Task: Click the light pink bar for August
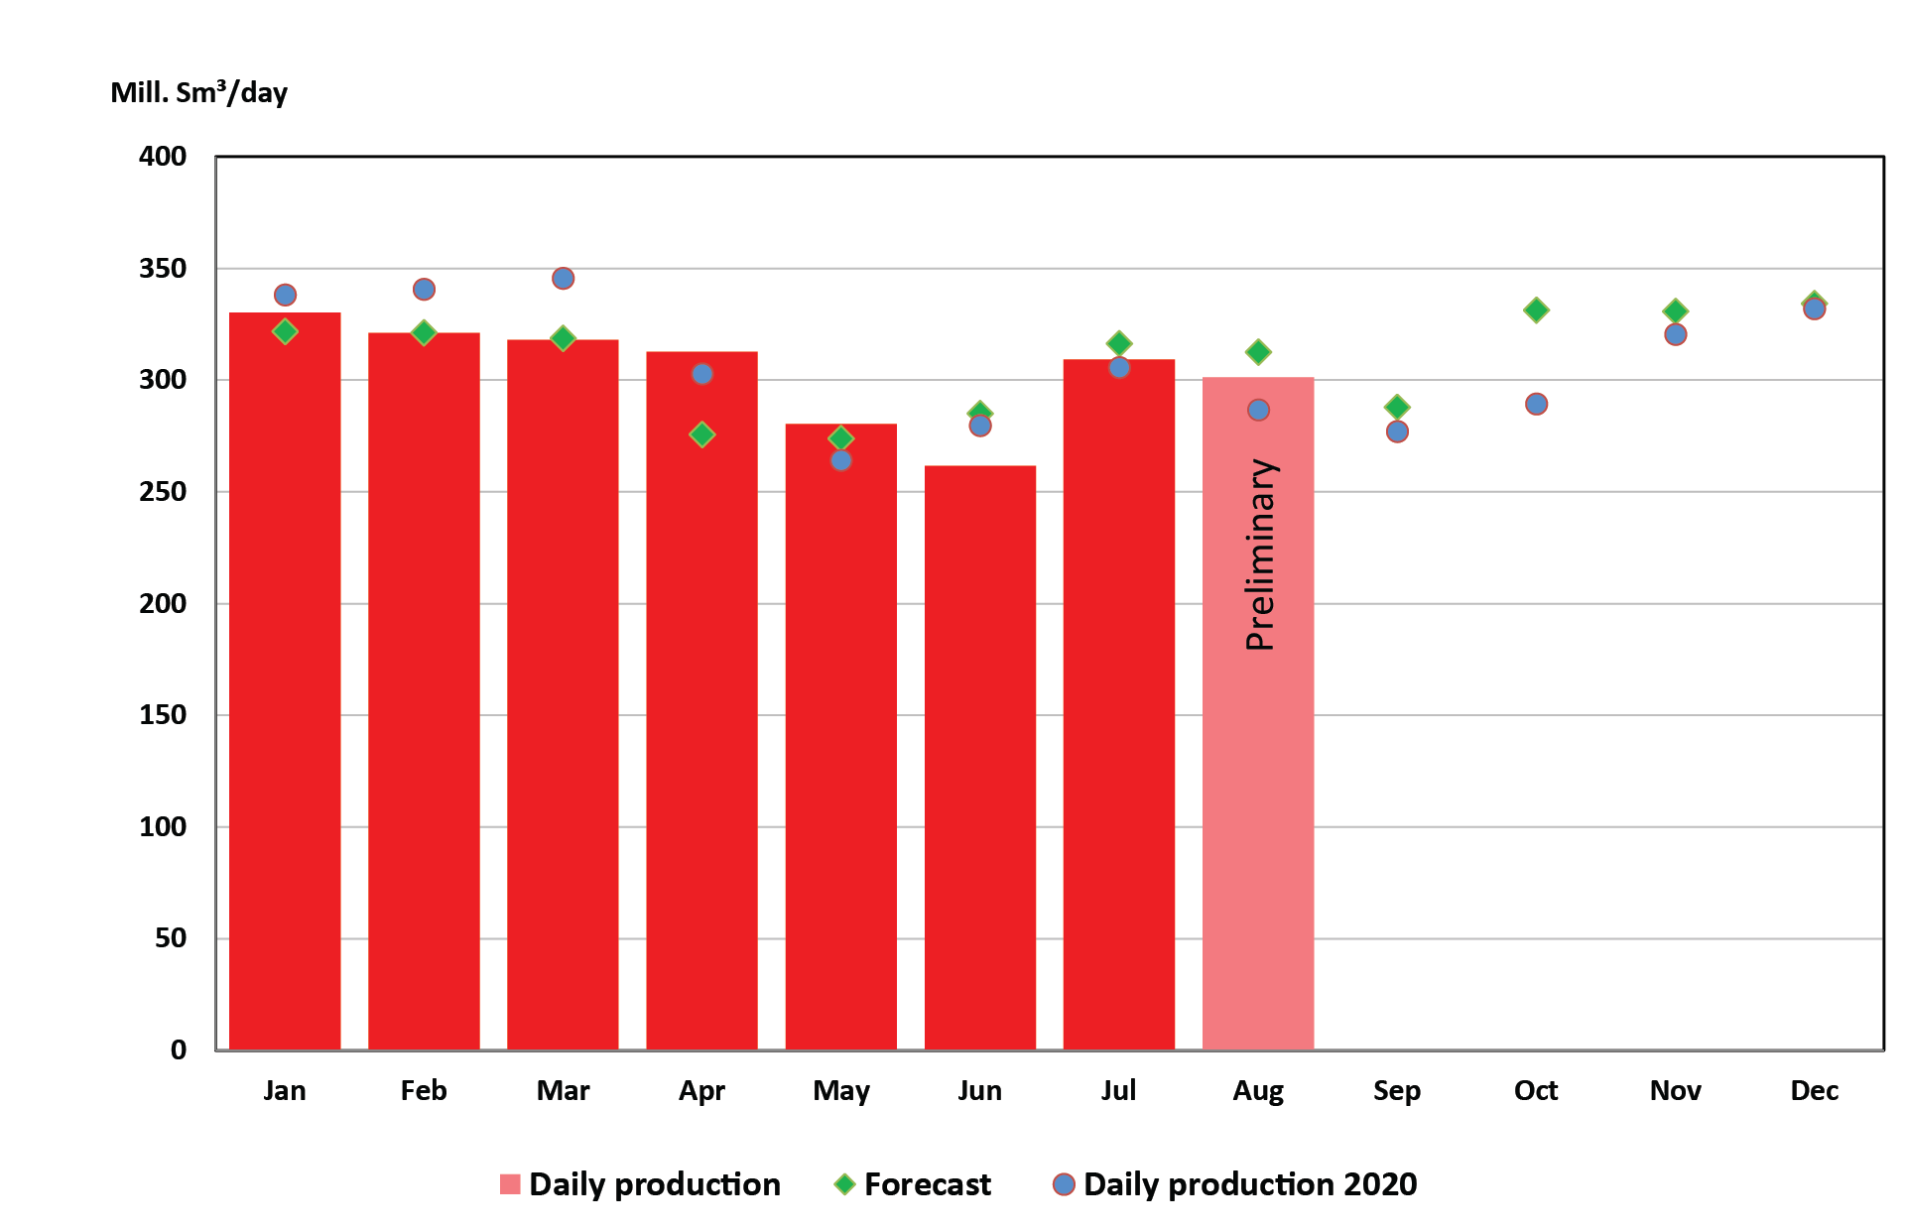pyautogui.click(x=1257, y=794)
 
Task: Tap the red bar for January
pyautogui.click(x=285, y=684)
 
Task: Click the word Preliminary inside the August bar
pyautogui.click(x=1259, y=555)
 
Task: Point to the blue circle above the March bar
pyautogui.click(x=563, y=279)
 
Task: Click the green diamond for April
pyautogui.click(x=701, y=434)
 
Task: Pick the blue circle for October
pyautogui.click(x=1536, y=404)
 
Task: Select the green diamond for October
pyautogui.click(x=1536, y=310)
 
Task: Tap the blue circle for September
pyautogui.click(x=1397, y=431)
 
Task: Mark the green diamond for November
pyautogui.click(x=1675, y=311)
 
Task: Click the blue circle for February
pyautogui.click(x=424, y=290)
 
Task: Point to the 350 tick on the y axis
pyautogui.click(x=163, y=269)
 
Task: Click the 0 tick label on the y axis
pyautogui.click(x=179, y=1049)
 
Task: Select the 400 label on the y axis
pyautogui.click(x=163, y=157)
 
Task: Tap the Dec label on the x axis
pyautogui.click(x=1814, y=1091)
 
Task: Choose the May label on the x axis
pyautogui.click(x=840, y=1091)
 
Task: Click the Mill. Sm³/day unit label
pyautogui.click(x=198, y=93)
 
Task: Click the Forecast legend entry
pyautogui.click(x=927, y=1184)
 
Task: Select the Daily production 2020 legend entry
pyautogui.click(x=1249, y=1184)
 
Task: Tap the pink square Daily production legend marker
pyautogui.click(x=510, y=1184)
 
